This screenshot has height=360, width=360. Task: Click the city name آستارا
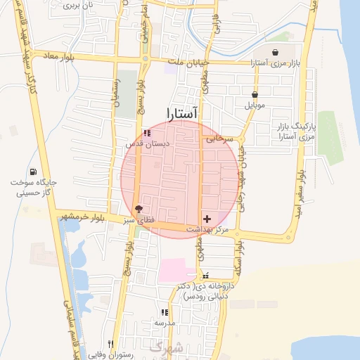coord(182,112)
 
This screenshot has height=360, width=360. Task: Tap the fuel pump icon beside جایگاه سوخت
coord(33,172)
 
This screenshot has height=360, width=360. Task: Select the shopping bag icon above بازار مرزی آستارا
coord(274,52)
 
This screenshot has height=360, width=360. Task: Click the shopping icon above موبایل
coord(254,94)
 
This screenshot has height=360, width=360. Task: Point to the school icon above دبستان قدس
coord(147,133)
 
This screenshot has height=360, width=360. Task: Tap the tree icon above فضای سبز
coord(139,209)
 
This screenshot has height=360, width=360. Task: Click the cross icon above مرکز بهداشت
coord(206,219)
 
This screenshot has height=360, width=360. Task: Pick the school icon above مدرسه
coord(164,312)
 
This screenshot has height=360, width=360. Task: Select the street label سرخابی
coord(219,139)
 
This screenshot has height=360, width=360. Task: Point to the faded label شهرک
coord(166,347)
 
